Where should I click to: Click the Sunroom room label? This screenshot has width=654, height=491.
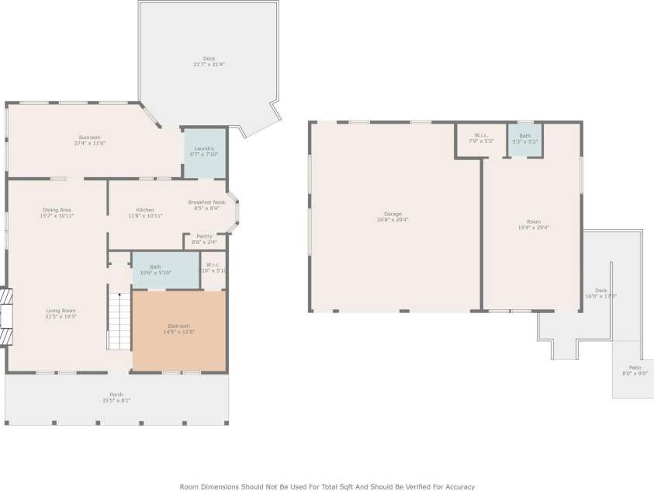coord(89,138)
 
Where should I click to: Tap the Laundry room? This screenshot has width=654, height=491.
coord(204,150)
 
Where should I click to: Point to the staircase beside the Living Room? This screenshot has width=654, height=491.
coord(119,321)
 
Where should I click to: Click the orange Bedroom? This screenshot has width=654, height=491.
coord(179,329)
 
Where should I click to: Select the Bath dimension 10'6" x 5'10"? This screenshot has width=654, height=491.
coord(155,272)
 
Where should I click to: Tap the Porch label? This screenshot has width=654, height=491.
coord(116,395)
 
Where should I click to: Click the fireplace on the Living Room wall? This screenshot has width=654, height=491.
coord(6,317)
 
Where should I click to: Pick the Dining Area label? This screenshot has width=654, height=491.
coord(57,210)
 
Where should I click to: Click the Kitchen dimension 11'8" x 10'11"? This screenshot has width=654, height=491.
coord(145,215)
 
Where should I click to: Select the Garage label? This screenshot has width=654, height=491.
coord(393,214)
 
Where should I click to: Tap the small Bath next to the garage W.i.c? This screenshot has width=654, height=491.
coord(525,139)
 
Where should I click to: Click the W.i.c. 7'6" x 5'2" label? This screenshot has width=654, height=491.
coord(481,141)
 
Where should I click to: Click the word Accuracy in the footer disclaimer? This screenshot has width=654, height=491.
coord(456,486)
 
